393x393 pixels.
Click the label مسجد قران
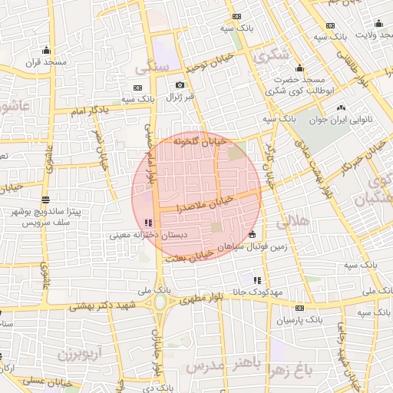[48, 62]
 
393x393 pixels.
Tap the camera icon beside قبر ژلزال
[180, 85]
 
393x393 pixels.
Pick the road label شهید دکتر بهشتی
[111, 305]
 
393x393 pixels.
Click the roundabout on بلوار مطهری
[162, 302]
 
